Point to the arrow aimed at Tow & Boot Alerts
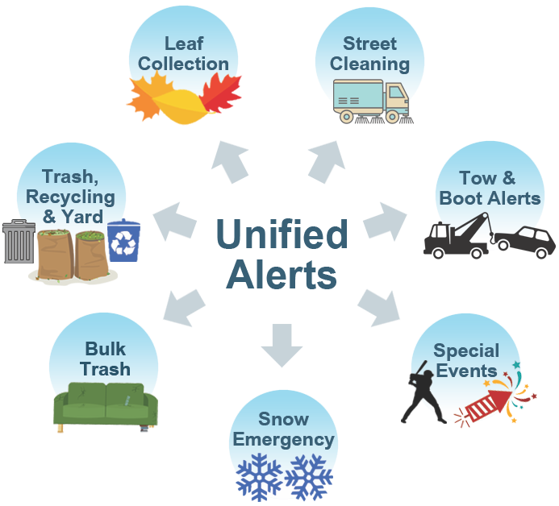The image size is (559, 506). [386, 220]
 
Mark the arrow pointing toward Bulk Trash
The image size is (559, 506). [183, 305]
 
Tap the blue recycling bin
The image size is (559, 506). [123, 241]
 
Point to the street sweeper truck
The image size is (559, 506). [371, 102]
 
